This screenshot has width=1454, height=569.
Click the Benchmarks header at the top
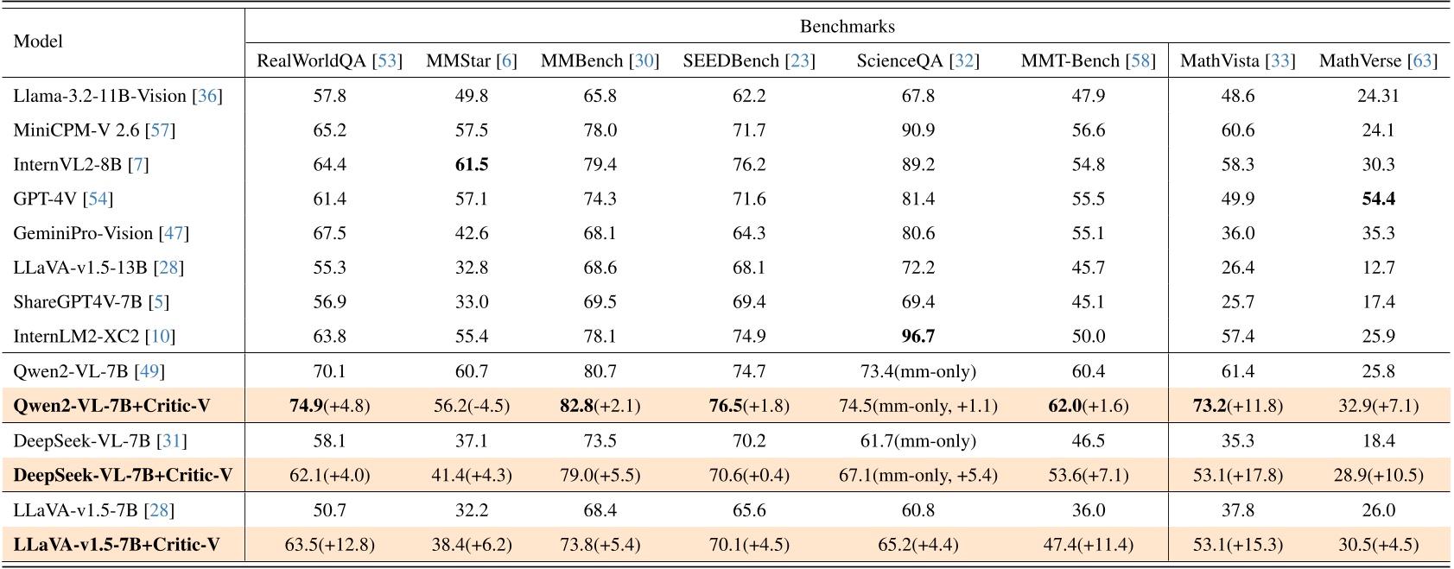847,26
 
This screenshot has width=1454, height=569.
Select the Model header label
38,41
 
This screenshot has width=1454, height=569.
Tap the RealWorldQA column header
329,60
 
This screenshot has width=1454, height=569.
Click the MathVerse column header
1377,60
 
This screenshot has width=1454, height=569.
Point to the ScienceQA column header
917,60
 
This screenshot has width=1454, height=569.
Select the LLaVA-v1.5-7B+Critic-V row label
117,544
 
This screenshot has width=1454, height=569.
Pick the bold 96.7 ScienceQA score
917,336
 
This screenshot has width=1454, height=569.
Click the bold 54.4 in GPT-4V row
1378,199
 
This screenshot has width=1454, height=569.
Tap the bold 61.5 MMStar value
472,164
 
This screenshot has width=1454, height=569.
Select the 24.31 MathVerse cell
1378,95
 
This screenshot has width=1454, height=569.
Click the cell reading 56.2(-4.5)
472,406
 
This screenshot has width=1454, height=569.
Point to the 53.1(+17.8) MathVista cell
1237,475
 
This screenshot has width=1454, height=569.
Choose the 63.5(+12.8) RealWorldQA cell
329,544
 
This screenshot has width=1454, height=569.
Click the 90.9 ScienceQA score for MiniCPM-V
917,130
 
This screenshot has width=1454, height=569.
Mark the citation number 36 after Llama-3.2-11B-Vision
207,95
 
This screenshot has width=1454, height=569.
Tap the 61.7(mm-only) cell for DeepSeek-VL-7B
917,440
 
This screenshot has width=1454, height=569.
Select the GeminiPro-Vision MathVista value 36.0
1237,233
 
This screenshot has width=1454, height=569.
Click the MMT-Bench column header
1088,60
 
